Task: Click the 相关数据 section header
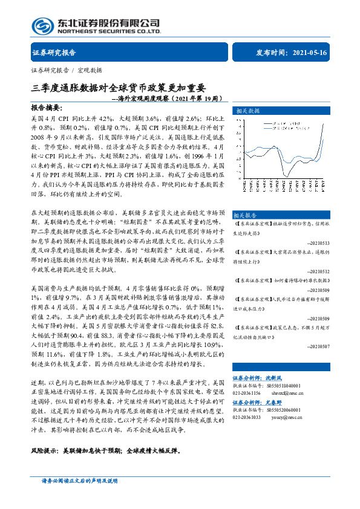(x=247, y=111)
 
